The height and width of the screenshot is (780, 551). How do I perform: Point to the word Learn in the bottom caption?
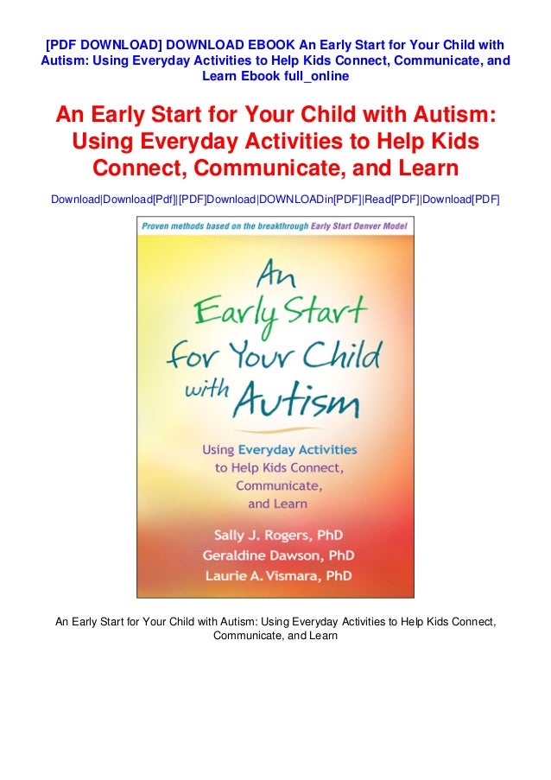[x=320, y=636]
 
